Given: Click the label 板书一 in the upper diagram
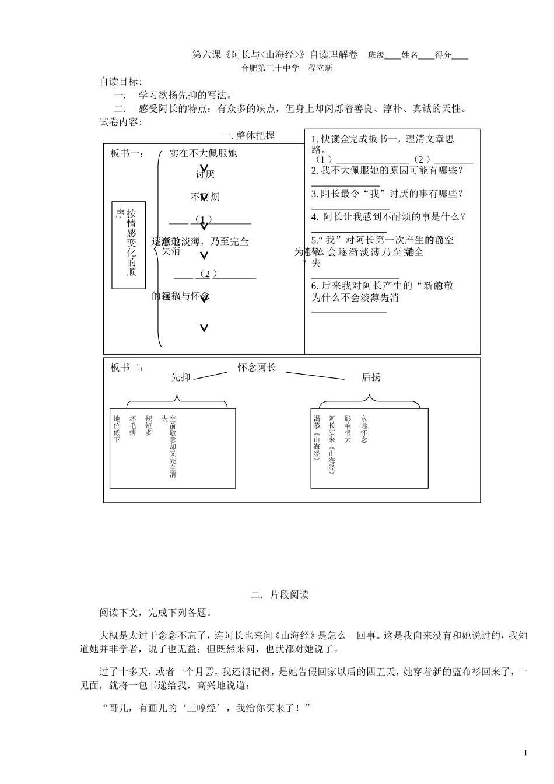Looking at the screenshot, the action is pyautogui.click(x=126, y=153).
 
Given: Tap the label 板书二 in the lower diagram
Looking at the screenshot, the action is pyautogui.click(x=126, y=367).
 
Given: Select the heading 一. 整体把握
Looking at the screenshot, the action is pyautogui.click(x=248, y=135).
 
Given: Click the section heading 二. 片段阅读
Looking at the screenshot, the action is pyautogui.click(x=279, y=594).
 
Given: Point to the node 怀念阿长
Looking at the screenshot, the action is pyautogui.click(x=257, y=367).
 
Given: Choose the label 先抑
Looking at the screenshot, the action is pyautogui.click(x=181, y=377).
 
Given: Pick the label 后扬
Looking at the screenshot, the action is pyautogui.click(x=371, y=377).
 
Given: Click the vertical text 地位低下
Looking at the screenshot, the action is pyautogui.click(x=117, y=429).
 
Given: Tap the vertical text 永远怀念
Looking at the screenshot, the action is pyautogui.click(x=364, y=429).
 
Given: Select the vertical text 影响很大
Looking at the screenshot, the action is pyautogui.click(x=348, y=429).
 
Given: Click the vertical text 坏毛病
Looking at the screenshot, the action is pyautogui.click(x=133, y=426).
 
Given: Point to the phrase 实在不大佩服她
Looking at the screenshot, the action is pyautogui.click(x=203, y=153).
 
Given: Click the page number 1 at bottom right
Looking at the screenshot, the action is pyautogui.click(x=525, y=752).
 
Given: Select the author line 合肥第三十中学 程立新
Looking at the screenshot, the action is pyautogui.click(x=287, y=68).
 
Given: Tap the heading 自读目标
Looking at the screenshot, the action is pyautogui.click(x=121, y=81).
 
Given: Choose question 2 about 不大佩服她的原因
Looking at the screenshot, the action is pyautogui.click(x=387, y=170).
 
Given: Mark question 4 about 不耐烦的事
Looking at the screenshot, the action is pyautogui.click(x=388, y=217).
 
